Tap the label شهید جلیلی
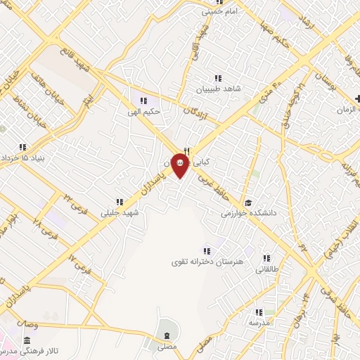(120, 212)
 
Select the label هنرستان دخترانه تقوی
(207, 262)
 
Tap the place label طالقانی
(266, 269)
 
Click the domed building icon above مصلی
(167, 333)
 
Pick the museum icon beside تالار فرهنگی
(27, 340)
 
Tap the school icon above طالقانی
(266, 258)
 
